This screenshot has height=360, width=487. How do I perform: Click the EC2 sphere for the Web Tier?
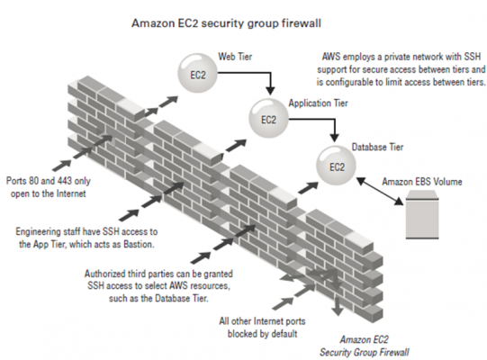pos(197,73)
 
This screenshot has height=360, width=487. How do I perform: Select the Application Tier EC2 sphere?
pos(268,118)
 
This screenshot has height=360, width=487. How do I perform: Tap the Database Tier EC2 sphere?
pos(337,166)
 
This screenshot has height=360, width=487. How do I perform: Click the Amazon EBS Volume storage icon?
pos(422,214)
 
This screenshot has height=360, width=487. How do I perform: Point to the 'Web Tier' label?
pos(235,57)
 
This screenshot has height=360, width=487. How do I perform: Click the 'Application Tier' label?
pos(318,103)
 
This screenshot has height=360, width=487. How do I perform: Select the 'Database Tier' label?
pos(377,147)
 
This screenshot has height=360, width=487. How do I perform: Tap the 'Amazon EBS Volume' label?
pos(422,182)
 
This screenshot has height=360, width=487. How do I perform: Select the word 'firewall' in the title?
pos(302,23)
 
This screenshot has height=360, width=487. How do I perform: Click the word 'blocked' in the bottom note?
pos(241,334)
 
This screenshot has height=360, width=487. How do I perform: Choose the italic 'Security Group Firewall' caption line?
pos(365,352)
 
